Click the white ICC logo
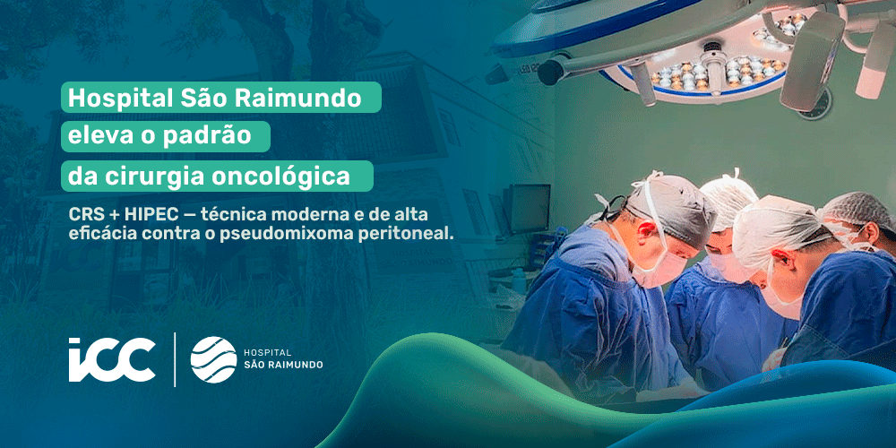(111, 359)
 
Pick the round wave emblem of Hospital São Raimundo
(214, 359)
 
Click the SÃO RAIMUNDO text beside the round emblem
(283, 365)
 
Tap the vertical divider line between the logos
(175, 359)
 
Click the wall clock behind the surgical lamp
(814, 107)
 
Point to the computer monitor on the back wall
(530, 208)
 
